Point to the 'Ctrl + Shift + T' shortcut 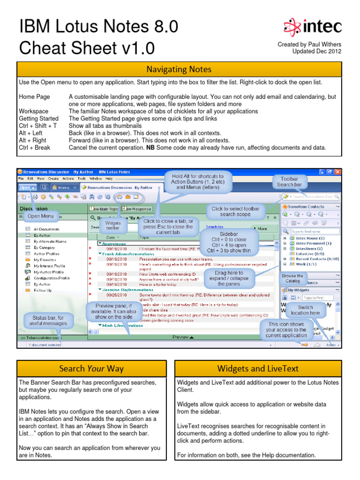(38, 126)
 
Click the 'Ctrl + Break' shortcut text (34, 148)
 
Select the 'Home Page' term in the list (34, 97)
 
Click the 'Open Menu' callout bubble (40, 216)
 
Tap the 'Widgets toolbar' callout (113, 226)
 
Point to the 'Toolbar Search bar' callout (289, 182)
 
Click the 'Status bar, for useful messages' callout (48, 321)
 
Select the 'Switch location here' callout (305, 310)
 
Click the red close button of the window (337, 172)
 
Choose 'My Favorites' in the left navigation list (45, 260)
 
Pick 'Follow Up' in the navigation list (43, 290)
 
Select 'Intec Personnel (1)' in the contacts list (313, 244)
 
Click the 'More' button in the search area (261, 229)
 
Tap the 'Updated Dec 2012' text (317, 52)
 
